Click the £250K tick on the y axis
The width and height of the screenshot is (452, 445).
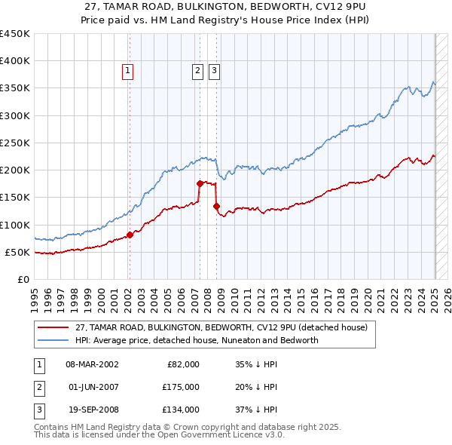click(x=15, y=143)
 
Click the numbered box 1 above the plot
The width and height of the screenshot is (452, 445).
click(x=128, y=72)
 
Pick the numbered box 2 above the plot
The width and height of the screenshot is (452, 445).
click(x=197, y=72)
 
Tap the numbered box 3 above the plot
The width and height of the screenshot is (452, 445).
click(x=214, y=72)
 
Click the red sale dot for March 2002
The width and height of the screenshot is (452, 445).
click(x=130, y=235)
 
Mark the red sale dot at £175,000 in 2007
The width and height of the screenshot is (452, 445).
click(x=200, y=183)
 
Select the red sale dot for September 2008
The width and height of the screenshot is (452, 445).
click(x=216, y=206)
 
